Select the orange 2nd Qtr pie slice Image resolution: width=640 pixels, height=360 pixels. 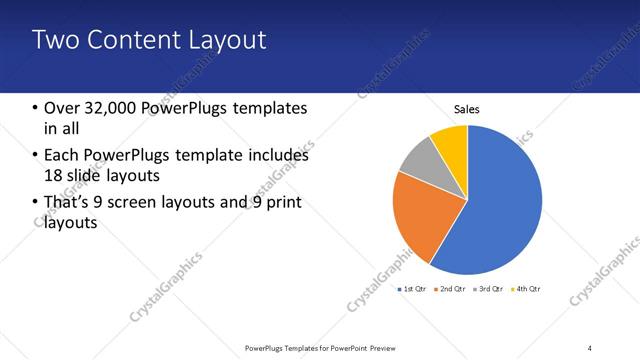(412, 215)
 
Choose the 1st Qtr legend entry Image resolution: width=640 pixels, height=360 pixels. (413, 289)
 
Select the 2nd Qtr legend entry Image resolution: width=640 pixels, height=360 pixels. (453, 289)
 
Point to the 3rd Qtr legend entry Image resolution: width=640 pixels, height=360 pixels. (490, 289)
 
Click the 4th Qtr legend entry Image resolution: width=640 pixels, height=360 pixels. (527, 289)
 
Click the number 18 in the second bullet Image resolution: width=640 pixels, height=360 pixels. (54, 176)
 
